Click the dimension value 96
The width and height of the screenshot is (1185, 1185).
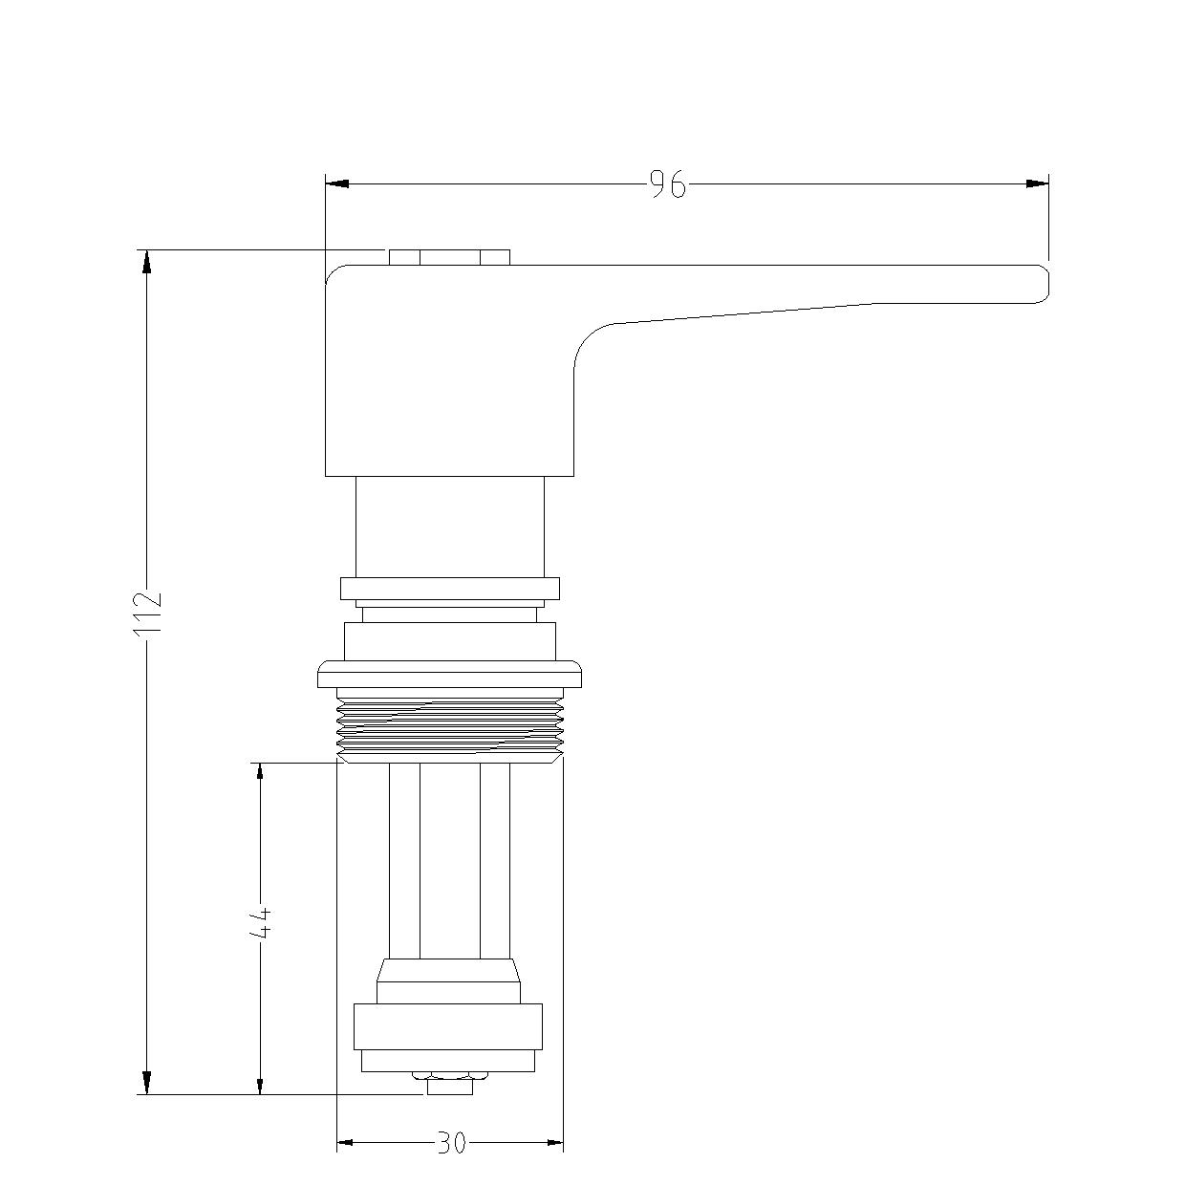pos(667,184)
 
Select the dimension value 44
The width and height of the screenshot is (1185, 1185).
pos(260,922)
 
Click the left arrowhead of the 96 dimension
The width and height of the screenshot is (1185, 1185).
pos(337,183)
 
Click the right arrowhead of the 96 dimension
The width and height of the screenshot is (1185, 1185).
pos(1037,183)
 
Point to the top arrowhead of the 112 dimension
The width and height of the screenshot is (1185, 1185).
pos(147,261)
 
